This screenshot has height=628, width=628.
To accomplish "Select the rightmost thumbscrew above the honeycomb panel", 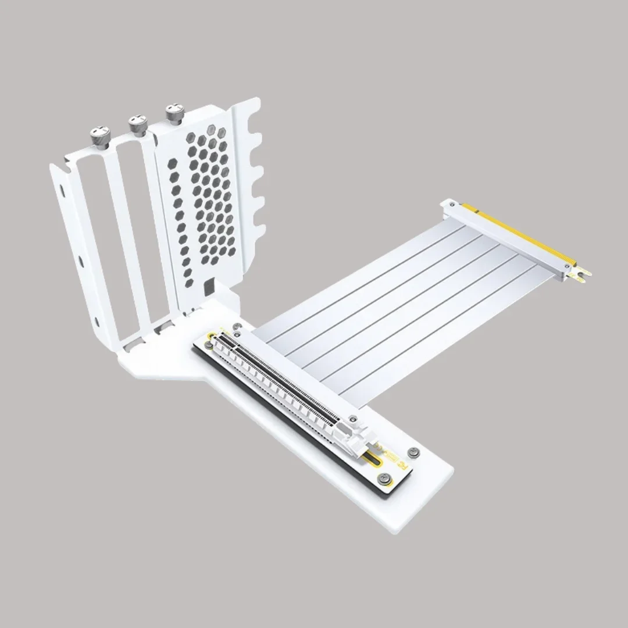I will pos(173,113).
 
